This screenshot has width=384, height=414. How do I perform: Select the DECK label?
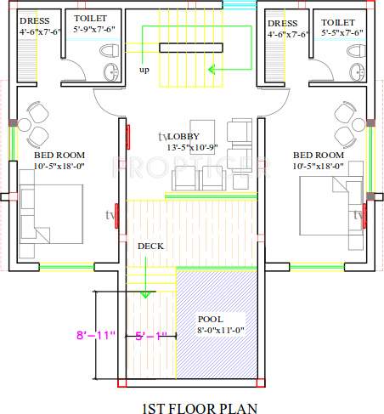pyautogui.click(x=150, y=246)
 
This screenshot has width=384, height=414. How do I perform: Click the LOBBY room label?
pyautogui.click(x=189, y=137)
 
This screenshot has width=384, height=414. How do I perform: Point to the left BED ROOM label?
pyautogui.click(x=59, y=156)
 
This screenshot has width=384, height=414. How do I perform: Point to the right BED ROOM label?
pyautogui.click(x=318, y=156)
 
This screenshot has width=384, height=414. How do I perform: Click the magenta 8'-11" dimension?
pyautogui.click(x=95, y=337)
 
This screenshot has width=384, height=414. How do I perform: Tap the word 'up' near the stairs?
pyautogui.click(x=144, y=71)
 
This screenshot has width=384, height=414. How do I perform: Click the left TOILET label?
pyautogui.click(x=90, y=19)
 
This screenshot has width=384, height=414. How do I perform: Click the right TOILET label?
pyautogui.click(x=338, y=23)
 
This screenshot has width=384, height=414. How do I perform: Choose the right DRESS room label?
pyautogui.click(x=282, y=23)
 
